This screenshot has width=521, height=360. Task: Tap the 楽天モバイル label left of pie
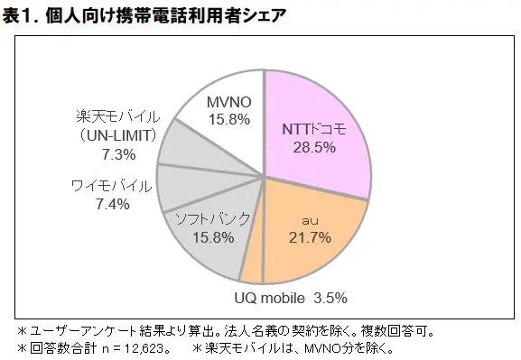coord(115,115)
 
